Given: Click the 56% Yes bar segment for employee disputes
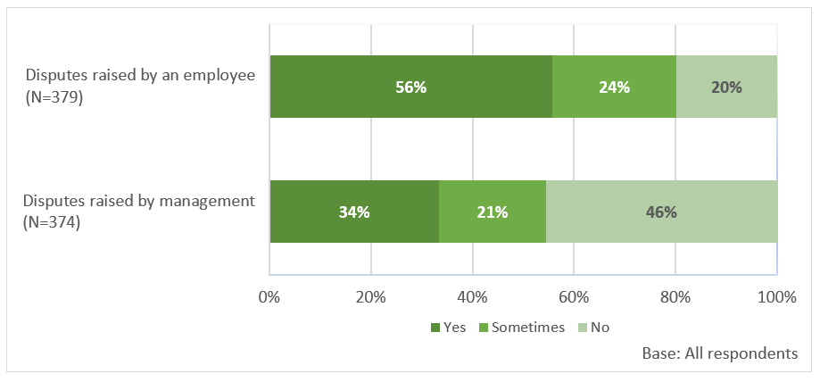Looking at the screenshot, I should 410,87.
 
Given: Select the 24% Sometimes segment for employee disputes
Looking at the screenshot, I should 614,87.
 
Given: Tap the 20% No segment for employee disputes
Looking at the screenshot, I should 726,87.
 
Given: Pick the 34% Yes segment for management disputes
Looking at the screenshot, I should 354,212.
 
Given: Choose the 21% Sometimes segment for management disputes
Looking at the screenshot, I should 492,212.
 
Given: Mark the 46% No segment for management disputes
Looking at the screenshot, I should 661,212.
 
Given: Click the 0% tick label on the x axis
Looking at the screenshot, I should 269,296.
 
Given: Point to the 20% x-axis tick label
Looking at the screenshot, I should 370,296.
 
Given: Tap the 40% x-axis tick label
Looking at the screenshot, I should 472,296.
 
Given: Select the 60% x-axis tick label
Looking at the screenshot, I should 574,296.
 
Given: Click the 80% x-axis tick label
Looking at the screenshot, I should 675,296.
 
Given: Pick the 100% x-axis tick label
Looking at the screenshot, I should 774,296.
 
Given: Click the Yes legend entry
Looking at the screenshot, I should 449,328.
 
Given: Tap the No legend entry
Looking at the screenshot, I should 593,328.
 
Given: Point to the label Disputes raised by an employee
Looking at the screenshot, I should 140,74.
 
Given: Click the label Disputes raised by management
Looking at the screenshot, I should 139,200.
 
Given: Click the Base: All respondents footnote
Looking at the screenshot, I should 720,353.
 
